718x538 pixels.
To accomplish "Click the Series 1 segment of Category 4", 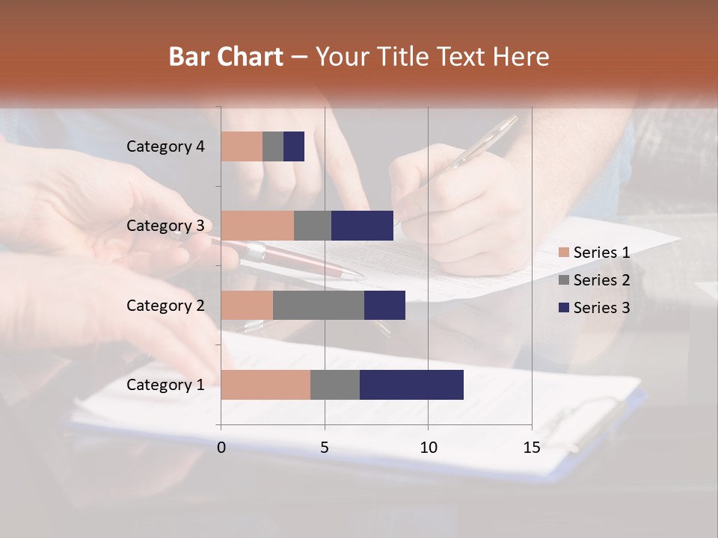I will pos(242,146).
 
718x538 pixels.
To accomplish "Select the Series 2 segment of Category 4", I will pos(273,146).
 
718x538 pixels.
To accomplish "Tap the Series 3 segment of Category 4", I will pos(294,146).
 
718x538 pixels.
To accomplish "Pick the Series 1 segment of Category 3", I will pos(257,226).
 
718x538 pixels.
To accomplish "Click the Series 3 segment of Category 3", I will pos(362,226).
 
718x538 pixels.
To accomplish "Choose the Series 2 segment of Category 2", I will pos(319,305).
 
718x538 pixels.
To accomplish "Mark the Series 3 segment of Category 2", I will pos(384,305).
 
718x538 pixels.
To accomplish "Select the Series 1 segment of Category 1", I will pos(266,385).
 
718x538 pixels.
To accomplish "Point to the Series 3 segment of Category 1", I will pos(411,385).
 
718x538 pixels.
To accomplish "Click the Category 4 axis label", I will pos(165,146).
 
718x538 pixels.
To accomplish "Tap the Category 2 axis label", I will pos(165,305).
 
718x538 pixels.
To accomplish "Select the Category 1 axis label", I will pos(165,385).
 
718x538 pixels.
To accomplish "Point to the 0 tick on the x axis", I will pos(221,448).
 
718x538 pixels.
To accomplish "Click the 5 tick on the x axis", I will pos(325,448).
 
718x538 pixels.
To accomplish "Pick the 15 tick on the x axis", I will pos(531,448).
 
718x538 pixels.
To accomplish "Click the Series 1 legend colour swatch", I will pos(563,253).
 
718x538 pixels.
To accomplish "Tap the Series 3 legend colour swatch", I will pos(563,308).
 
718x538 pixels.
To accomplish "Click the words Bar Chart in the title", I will pos(226,57).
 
